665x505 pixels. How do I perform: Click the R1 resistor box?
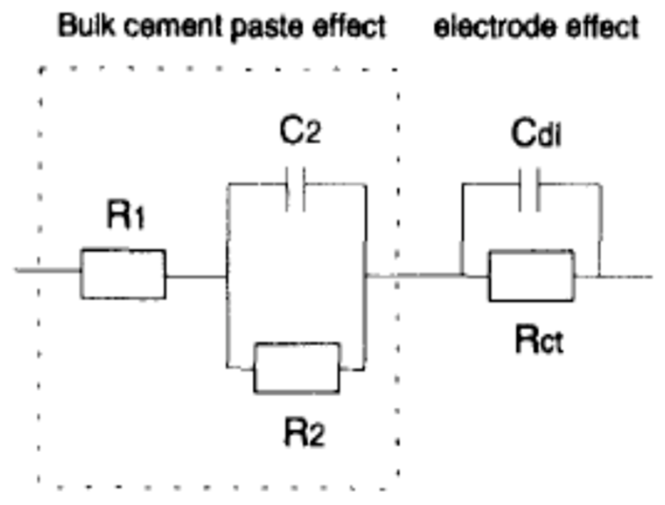[x=123, y=274]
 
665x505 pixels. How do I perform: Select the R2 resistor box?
[x=297, y=368]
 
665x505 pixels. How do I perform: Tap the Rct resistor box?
[x=531, y=276]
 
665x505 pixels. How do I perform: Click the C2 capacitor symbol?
[x=295, y=189]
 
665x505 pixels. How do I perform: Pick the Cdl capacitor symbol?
[x=529, y=190]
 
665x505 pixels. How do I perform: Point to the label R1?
[x=125, y=215]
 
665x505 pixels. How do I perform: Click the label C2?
[x=299, y=131]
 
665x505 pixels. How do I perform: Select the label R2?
[x=304, y=433]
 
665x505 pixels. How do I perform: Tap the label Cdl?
[x=535, y=133]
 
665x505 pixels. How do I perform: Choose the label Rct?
[x=539, y=340]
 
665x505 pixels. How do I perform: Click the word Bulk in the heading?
[x=86, y=25]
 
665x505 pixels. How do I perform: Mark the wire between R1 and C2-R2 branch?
[x=196, y=276]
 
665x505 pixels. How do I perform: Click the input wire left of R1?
[x=47, y=271]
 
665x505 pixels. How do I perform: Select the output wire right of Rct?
[x=626, y=276]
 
